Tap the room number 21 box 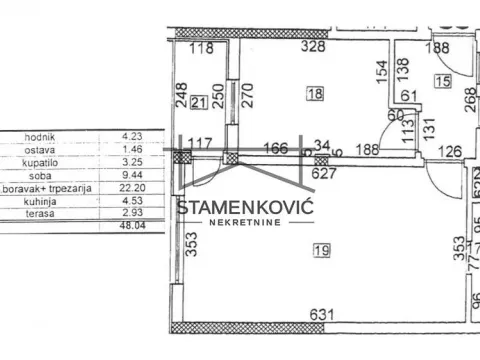coord(198,102)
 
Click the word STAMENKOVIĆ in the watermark coord(246,207)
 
